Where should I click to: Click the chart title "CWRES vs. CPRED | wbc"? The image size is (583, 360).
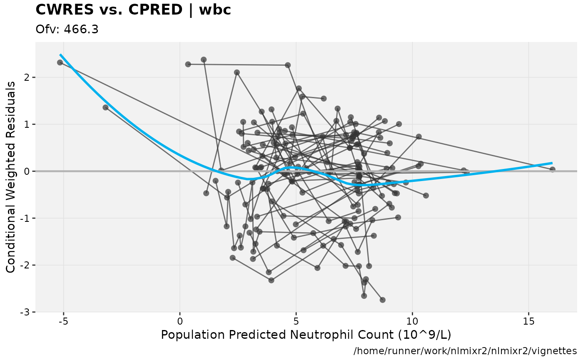click(133, 10)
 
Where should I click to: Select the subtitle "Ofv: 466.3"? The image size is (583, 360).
click(67, 29)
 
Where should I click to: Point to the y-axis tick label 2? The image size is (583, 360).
click(27, 77)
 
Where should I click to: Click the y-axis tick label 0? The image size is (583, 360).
click(27, 171)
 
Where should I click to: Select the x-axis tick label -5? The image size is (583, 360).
click(63, 322)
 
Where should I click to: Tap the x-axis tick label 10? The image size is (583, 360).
click(412, 322)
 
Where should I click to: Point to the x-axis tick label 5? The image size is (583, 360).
click(296, 322)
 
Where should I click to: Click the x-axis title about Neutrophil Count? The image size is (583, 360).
click(306, 335)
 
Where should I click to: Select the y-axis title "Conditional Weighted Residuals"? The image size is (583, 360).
click(11, 177)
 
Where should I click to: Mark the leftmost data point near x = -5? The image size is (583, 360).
click(60, 62)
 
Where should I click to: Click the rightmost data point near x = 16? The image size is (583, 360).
click(552, 169)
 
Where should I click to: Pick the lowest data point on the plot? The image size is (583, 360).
click(382, 300)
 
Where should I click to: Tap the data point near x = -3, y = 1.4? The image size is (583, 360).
click(105, 107)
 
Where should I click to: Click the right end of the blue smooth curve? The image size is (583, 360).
click(552, 163)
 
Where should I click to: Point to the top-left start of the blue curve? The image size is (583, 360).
click(60, 55)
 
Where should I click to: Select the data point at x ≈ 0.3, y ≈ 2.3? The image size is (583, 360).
click(188, 64)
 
